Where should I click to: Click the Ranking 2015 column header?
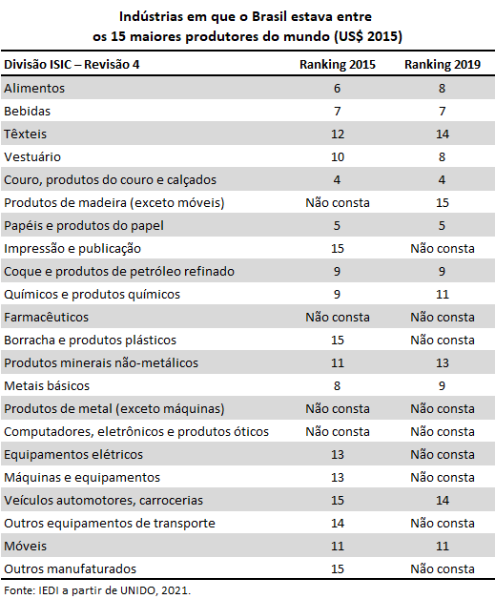coord(338,65)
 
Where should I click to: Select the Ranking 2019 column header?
coord(443,65)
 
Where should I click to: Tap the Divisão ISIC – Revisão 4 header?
coord(72,64)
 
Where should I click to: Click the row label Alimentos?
coord(34,89)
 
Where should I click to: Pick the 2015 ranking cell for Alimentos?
coord(337,89)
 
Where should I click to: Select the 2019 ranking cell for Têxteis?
coord(443,134)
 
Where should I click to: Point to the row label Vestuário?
coord(32,157)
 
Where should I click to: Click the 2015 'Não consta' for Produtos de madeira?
coord(338,202)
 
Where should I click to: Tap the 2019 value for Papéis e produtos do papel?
coord(442,225)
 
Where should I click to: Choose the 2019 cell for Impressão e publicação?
coord(443,248)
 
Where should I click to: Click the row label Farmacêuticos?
coord(46,317)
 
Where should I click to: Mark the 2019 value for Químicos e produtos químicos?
coord(443,294)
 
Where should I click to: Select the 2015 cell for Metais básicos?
coord(337,386)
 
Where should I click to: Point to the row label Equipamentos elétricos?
coord(73,455)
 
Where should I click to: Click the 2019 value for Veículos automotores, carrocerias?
coord(443,500)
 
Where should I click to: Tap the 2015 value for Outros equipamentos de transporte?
coord(338,523)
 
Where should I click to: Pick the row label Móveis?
coord(25,546)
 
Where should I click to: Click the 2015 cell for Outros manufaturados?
coord(338,568)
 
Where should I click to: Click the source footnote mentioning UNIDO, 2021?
coord(97,590)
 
